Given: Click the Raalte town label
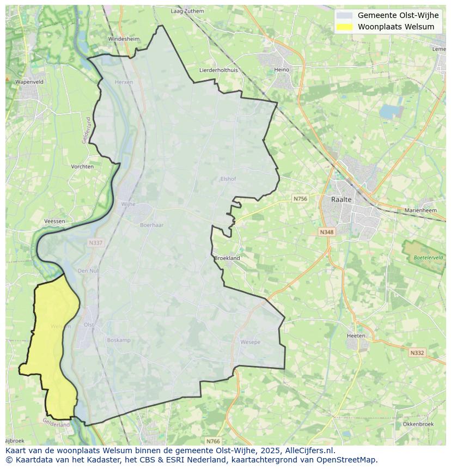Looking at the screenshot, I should [x=342, y=199].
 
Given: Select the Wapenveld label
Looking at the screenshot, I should [x=29, y=82].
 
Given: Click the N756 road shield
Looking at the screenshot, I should [x=300, y=199].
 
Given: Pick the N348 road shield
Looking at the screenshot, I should [x=326, y=232].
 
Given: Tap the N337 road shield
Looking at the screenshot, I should [x=95, y=243].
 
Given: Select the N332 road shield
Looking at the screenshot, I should [x=417, y=353].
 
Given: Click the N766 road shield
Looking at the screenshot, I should [x=213, y=441].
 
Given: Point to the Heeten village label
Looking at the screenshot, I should [x=356, y=336].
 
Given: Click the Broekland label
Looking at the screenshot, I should [x=227, y=258].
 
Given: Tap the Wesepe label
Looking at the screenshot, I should [x=250, y=342].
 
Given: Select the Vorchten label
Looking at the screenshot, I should [x=82, y=167].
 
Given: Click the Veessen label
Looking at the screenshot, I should [x=54, y=221].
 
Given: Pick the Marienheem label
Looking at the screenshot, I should [x=420, y=210].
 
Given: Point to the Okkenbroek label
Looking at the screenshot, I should [x=418, y=424].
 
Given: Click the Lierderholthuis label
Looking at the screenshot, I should [x=218, y=70].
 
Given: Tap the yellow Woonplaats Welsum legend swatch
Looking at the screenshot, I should [x=344, y=27].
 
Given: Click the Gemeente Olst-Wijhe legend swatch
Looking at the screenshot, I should [x=344, y=15].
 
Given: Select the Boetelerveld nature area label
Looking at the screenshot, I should [x=428, y=257].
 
